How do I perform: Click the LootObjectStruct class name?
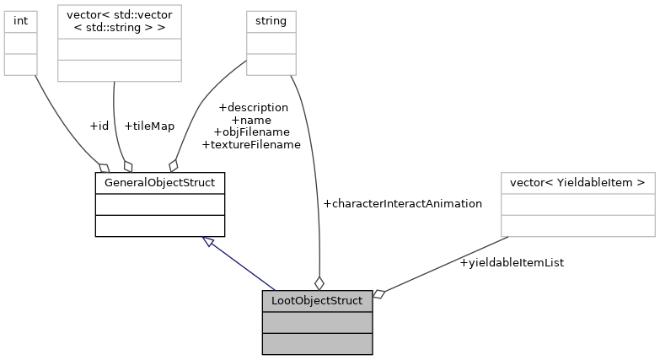(317, 300)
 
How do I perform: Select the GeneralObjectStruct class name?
(159, 182)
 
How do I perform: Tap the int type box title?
(21, 19)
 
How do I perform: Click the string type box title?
(271, 19)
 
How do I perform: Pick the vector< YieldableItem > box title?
(577, 182)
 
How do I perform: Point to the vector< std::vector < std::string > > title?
(119, 25)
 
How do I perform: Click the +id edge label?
(99, 126)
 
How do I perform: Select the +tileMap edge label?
(149, 126)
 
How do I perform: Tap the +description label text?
(253, 107)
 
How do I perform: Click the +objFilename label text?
(251, 132)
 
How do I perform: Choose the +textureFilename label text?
(251, 144)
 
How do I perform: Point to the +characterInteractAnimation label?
(402, 203)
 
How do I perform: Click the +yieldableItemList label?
(512, 262)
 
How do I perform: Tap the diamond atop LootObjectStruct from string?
(319, 283)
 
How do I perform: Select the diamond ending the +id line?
(105, 166)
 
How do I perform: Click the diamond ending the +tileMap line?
(128, 165)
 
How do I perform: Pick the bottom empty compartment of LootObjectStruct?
(317, 343)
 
